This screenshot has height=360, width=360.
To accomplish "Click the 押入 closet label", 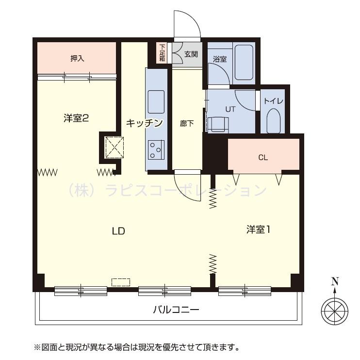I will pyautogui.click(x=77, y=58).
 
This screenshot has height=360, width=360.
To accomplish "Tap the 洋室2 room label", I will pyautogui.click(x=76, y=118).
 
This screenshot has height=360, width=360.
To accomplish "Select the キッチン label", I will pyautogui.click(x=144, y=123).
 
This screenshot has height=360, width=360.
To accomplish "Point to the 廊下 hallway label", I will pyautogui.click(x=187, y=123).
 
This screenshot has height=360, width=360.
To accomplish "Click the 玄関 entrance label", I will pyautogui.click(x=191, y=54).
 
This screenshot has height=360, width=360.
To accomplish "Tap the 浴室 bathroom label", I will pyautogui.click(x=220, y=59).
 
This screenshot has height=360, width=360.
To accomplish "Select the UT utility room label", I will pyautogui.click(x=230, y=109).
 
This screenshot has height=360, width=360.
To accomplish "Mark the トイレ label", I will pyautogui.click(x=274, y=102).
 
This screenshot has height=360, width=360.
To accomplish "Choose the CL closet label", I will pyautogui.click(x=263, y=157).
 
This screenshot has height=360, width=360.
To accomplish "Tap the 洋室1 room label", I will pyautogui.click(x=258, y=229).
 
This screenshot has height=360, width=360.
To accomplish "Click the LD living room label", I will pyautogui.click(x=118, y=231).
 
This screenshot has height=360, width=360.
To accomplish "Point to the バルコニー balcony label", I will pyautogui.click(x=176, y=309).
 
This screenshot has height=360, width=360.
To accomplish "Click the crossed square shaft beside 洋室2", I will pyautogui.click(x=115, y=147).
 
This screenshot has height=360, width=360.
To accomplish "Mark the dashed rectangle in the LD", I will pyautogui.click(x=121, y=282).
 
